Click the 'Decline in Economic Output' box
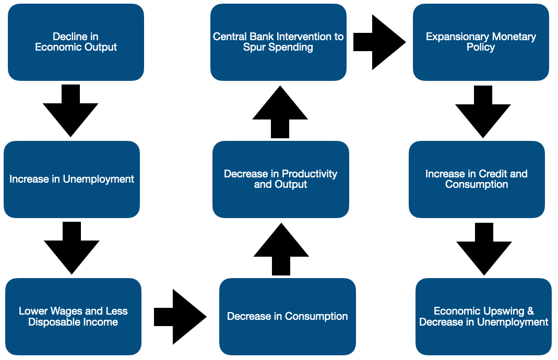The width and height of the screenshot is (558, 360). (x=76, y=42)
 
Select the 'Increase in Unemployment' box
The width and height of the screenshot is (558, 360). (x=72, y=179)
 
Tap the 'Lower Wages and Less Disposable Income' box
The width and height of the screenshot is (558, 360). (x=73, y=317)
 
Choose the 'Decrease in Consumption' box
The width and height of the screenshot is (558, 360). (x=287, y=317)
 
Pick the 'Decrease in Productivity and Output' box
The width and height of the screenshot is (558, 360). (x=280, y=179)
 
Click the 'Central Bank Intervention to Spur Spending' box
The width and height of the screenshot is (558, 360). (x=278, y=42)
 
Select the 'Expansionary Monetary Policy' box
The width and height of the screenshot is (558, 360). (x=481, y=42)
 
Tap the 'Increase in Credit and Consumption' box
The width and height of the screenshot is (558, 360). (x=477, y=179)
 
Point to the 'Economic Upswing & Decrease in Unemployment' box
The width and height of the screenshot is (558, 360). (x=483, y=317)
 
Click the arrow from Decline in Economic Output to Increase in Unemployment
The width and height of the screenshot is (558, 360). (x=70, y=111)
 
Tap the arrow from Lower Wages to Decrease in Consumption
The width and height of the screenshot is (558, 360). (x=181, y=317)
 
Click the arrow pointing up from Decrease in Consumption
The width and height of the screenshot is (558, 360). (x=281, y=249)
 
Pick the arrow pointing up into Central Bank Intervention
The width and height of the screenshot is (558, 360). (x=280, y=112)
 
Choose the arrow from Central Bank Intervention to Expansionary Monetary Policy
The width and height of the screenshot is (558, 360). (x=380, y=42)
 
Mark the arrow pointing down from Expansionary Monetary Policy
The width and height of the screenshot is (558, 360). (x=483, y=112)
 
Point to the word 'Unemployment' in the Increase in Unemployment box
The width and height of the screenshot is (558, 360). (x=99, y=179)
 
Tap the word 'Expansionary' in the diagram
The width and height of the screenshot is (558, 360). (x=455, y=37)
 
